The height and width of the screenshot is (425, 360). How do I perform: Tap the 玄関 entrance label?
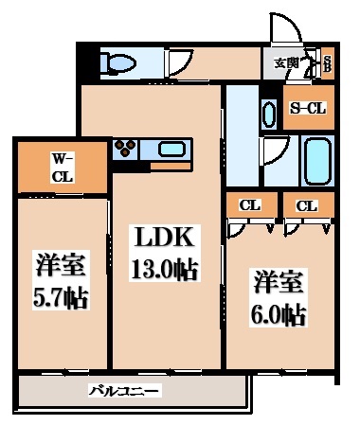[x=285, y=63]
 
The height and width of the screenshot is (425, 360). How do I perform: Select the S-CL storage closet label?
[x=309, y=108]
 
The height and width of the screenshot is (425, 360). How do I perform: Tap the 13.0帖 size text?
[x=163, y=270]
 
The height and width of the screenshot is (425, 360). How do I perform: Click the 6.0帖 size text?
[x=279, y=314]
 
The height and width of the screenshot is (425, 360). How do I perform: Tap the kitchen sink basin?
[x=171, y=149]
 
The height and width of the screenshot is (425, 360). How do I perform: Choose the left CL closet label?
[x=250, y=204]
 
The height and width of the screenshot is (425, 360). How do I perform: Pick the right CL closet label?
[x=306, y=204]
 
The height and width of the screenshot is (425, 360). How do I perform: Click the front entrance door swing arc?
[x=285, y=32]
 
